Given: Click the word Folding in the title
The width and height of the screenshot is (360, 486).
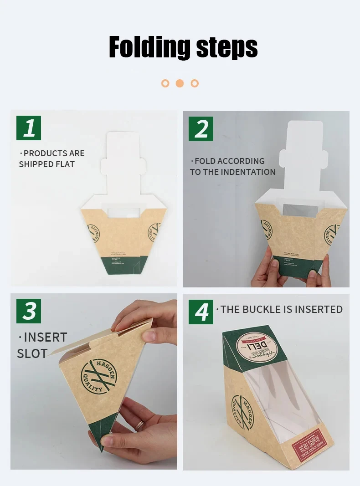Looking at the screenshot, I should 149,47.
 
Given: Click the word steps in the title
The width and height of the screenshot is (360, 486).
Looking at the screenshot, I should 226,47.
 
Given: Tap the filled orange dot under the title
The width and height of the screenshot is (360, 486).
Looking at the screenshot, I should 180,83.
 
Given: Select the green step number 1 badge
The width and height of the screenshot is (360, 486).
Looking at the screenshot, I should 29,128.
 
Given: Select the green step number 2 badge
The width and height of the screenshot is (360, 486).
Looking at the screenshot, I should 201,129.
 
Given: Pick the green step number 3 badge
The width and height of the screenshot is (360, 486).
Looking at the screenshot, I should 29,311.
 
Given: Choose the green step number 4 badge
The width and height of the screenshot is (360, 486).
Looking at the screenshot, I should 201,312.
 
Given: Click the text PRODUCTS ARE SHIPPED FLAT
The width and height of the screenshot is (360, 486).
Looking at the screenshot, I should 51,159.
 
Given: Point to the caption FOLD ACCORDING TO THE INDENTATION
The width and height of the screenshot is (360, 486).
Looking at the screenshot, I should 232,167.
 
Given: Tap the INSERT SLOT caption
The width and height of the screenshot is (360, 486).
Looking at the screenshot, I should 42,345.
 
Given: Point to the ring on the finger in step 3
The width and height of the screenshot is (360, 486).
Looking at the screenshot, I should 139,426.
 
